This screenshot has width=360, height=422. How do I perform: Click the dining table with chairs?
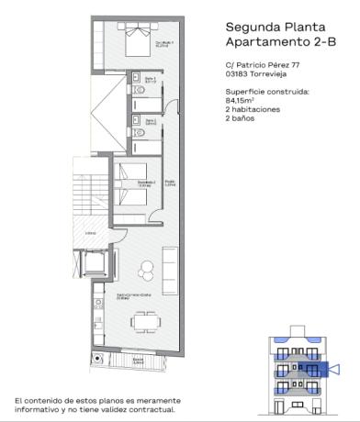tap(144, 322)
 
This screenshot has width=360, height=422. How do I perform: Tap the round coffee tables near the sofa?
tap(146, 271)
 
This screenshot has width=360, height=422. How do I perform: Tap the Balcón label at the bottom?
tap(137, 360)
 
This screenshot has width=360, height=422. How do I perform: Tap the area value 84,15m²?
tap(240, 101)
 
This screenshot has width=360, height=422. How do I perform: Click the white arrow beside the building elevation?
tap(334, 370)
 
